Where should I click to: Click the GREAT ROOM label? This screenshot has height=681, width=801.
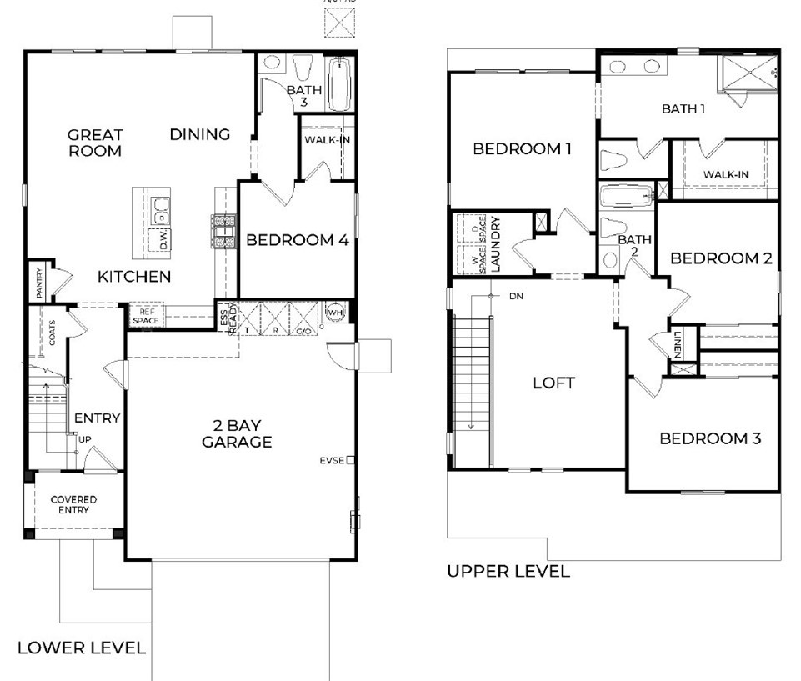(x=95, y=143)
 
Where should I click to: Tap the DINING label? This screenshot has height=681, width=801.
(x=200, y=134)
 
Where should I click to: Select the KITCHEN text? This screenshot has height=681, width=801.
(x=134, y=276)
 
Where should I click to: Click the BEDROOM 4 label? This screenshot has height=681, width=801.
(x=297, y=240)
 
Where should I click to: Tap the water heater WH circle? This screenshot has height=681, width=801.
(x=337, y=311)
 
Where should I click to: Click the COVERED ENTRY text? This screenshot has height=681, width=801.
(x=73, y=505)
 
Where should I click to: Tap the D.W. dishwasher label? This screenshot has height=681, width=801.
(x=164, y=240)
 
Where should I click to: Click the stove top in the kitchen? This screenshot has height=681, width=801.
(x=224, y=231)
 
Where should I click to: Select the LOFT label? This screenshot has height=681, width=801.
(x=554, y=383)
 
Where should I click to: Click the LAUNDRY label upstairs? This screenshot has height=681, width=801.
(x=494, y=244)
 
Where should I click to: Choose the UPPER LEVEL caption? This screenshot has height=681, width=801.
(x=508, y=572)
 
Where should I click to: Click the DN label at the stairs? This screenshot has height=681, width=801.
(x=515, y=296)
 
